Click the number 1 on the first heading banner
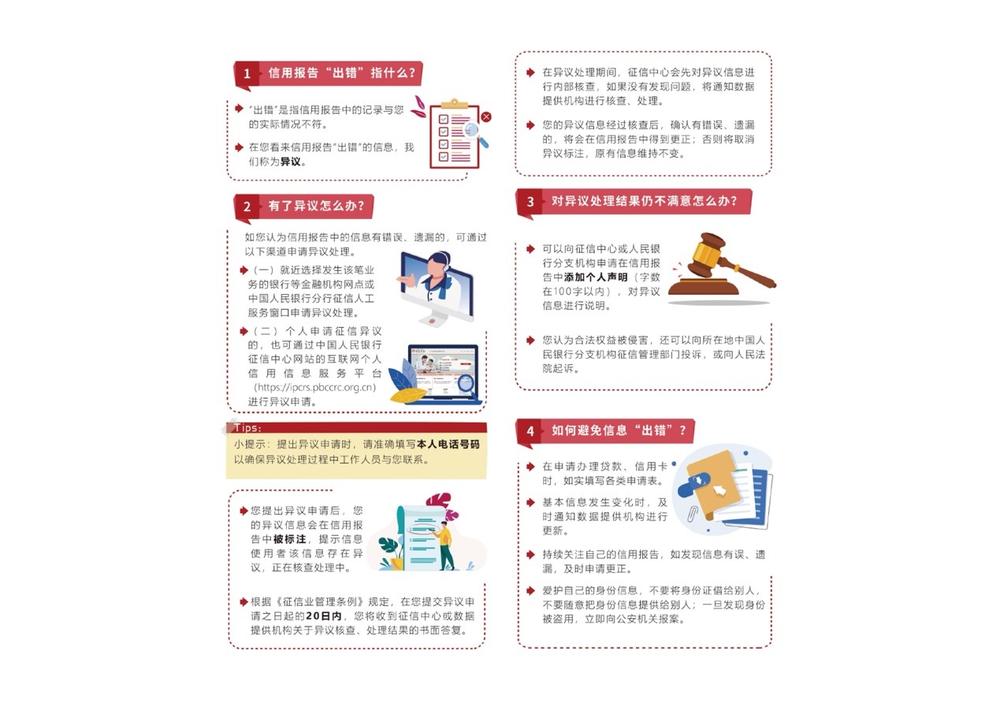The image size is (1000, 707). pos(247,73)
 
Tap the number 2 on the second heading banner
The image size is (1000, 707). pos(247,207)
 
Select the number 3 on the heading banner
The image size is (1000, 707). pos(530,202)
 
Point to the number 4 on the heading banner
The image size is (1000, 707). pos(530,431)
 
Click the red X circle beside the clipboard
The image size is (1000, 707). pos(486,117)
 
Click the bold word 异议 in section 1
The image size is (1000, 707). pos(290,162)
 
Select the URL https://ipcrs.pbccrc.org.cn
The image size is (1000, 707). pos(314,387)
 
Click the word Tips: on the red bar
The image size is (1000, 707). pos(247,427)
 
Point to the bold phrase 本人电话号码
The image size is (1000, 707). pos(448,445)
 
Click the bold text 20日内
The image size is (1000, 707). pos(324,616)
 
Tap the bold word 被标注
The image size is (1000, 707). pos(289,539)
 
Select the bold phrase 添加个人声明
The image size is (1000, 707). pos(596,277)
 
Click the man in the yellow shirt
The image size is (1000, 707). pos(445,545)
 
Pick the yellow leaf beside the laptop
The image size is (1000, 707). pos(408,396)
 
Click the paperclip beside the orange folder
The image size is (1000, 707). pos(693,515)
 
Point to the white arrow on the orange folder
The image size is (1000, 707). pos(719,490)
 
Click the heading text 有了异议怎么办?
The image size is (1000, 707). pos(316,206)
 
